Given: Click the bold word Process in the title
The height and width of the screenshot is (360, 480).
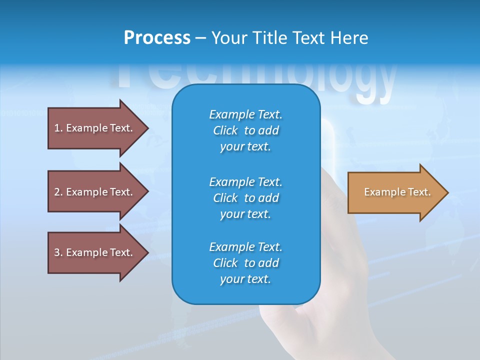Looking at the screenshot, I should point(157,38).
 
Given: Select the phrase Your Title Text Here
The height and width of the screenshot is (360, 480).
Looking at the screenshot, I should point(289,38).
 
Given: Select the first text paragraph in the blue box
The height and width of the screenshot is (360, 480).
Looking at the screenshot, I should point(245,130).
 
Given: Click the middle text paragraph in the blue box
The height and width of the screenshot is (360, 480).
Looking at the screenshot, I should point(245,197).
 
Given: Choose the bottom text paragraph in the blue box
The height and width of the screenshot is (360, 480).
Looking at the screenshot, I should point(245,263).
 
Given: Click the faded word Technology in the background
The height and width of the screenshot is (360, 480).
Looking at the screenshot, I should point(255,80).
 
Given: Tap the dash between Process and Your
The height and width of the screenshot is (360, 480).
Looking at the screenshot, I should point(200,38).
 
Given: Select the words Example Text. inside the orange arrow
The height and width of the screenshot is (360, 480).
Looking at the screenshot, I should point(397,192).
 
